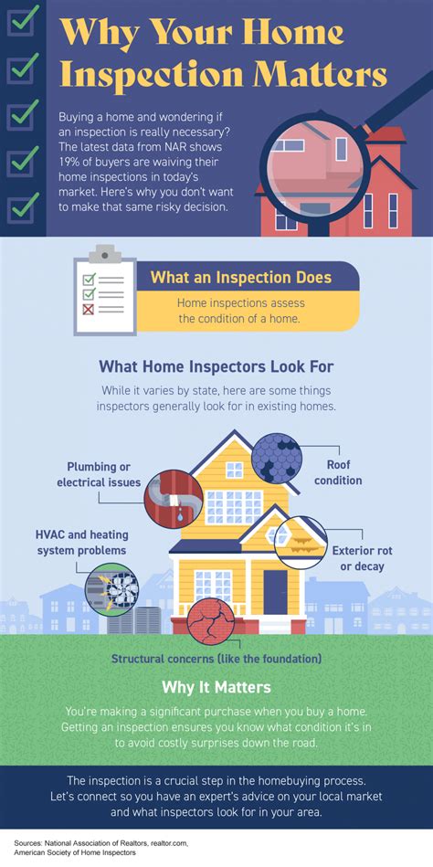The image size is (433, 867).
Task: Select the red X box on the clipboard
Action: [88, 309]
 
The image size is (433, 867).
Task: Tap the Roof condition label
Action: [338, 472]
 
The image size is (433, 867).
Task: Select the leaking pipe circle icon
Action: [173, 500]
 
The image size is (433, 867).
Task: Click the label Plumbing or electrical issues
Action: [99, 474]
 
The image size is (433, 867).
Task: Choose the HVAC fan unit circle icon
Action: [111, 590]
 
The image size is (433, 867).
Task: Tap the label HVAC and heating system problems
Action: [81, 543]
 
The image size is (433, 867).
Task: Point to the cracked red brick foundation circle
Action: [211, 621]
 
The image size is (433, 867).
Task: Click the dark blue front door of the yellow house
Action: [275, 592]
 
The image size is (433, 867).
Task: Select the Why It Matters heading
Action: [216, 687]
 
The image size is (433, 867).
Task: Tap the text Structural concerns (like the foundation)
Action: [216, 659]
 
